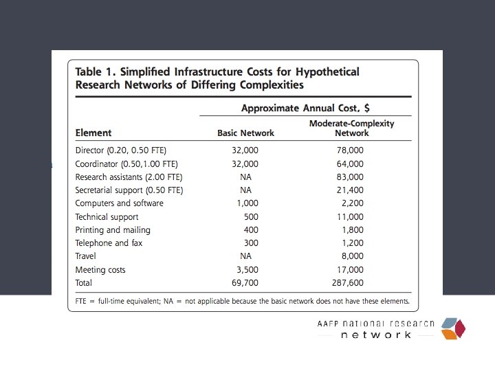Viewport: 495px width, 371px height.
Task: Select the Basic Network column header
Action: (245, 133)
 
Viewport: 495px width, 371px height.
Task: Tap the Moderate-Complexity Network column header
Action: (351, 128)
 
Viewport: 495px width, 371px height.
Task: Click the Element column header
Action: (93, 133)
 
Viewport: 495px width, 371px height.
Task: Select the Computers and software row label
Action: (120, 203)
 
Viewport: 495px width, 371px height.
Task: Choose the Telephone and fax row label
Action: (110, 243)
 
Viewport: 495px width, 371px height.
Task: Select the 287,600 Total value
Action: (349, 283)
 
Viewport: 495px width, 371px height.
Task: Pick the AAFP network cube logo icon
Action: (453, 328)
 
